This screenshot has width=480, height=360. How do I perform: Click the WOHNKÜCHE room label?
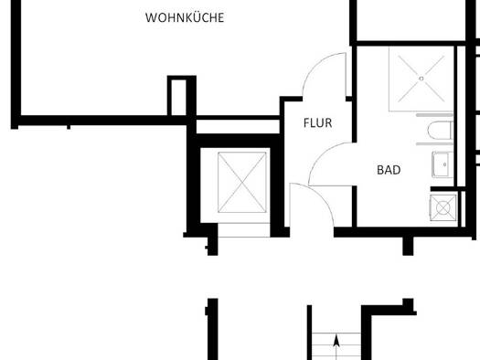click(185, 17)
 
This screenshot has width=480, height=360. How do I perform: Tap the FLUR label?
click(318, 123)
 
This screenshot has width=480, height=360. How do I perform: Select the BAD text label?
click(389, 170)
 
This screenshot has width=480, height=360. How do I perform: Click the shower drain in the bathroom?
click(421, 79)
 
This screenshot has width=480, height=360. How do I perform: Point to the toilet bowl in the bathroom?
click(440, 130)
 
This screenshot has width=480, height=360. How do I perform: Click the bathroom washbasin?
click(443, 164)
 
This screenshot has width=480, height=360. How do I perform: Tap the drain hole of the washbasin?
click(444, 164)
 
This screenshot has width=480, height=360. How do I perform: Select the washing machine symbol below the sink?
click(443, 207)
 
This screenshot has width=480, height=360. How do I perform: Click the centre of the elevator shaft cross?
click(242, 183)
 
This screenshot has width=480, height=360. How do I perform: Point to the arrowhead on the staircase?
click(336, 341)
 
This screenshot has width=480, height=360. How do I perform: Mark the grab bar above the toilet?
click(434, 115)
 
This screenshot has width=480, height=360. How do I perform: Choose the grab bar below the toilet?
click(434, 143)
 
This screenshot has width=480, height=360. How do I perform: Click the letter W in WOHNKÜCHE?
click(151, 17)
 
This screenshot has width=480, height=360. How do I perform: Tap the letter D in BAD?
click(397, 170)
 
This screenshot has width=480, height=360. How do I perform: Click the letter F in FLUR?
click(306, 123)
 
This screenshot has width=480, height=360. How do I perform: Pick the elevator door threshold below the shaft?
click(244, 230)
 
